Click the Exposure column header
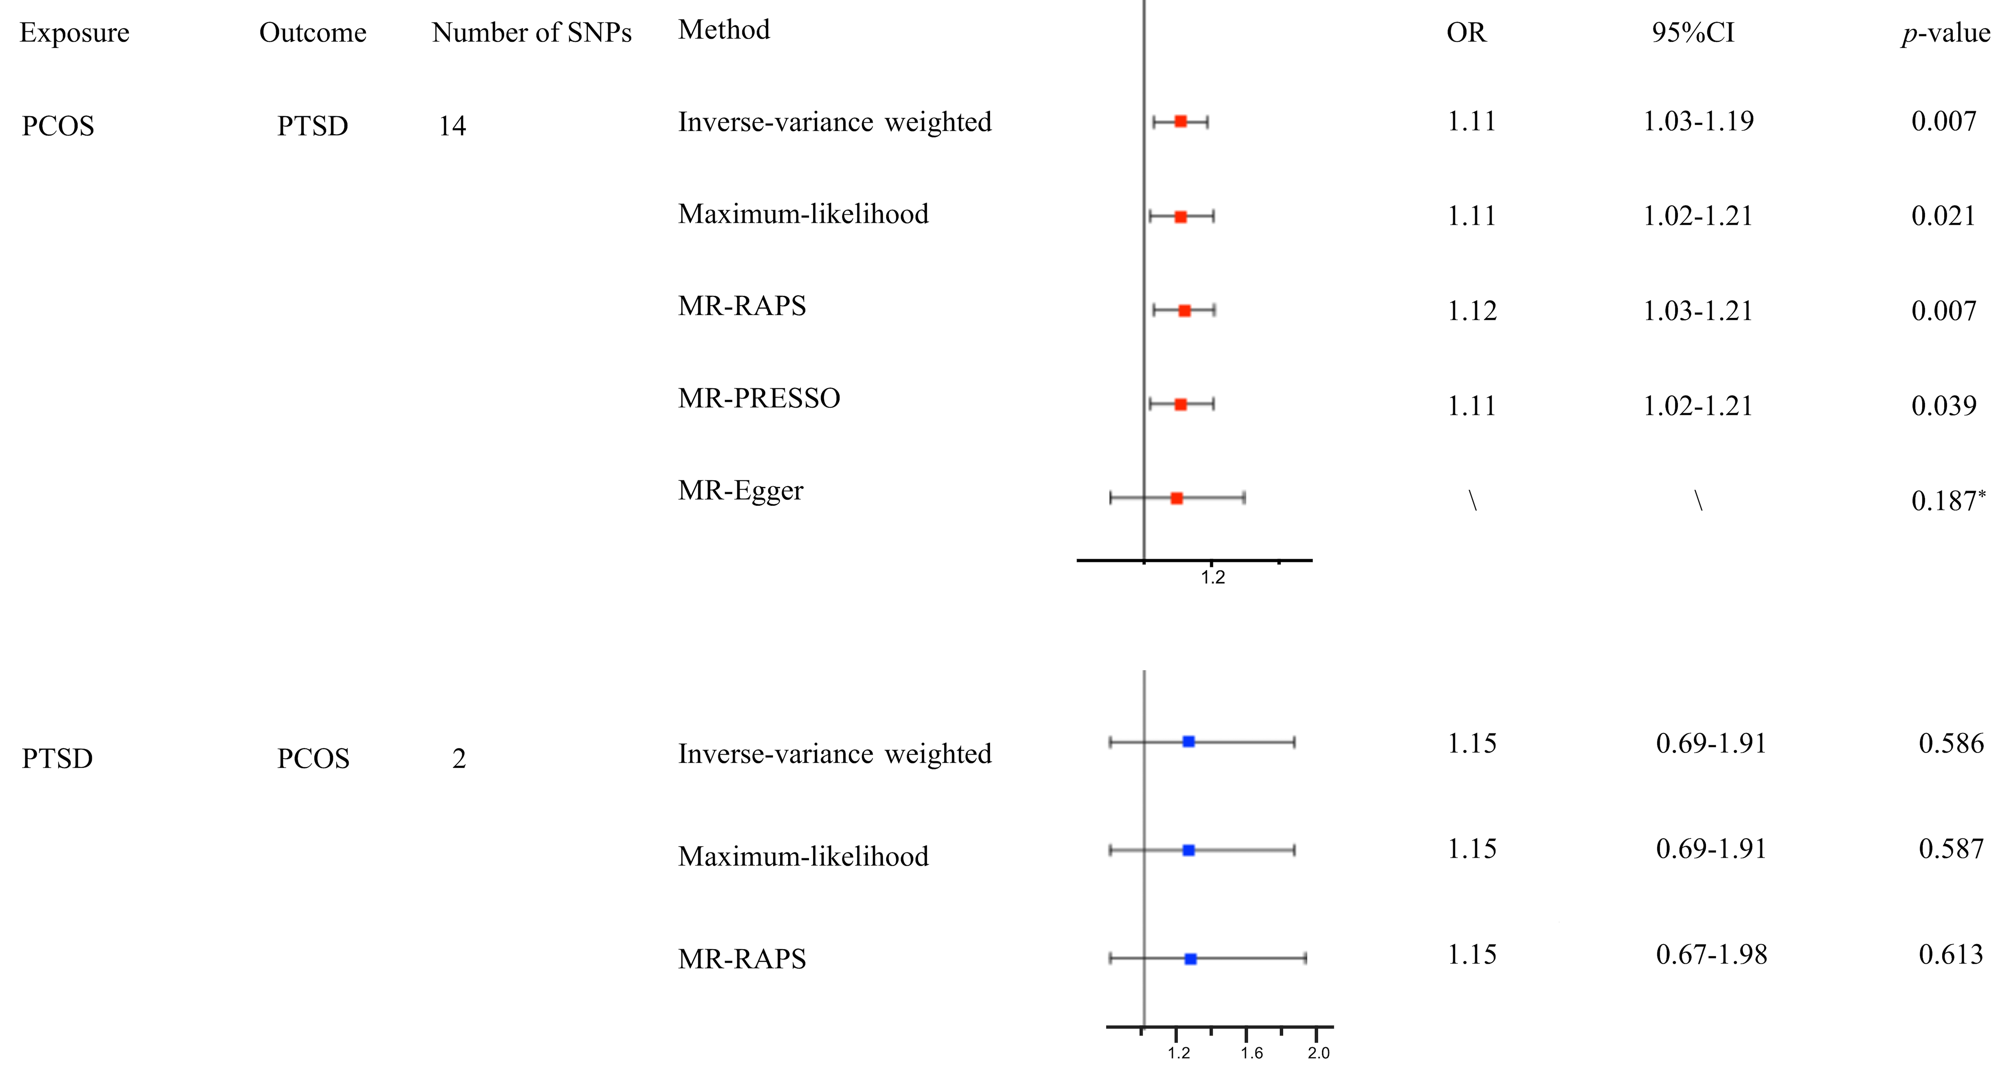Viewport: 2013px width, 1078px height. point(74,33)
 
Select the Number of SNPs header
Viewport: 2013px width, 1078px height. point(531,33)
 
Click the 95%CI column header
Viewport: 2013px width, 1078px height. point(1693,33)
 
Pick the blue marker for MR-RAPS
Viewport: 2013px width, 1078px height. point(1190,958)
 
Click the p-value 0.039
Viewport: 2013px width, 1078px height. point(1943,406)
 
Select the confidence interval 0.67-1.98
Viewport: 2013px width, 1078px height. point(1711,954)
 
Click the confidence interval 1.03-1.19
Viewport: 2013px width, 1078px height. point(1698,121)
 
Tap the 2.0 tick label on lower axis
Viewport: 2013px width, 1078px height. point(1318,1053)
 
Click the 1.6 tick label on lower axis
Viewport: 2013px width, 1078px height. point(1251,1053)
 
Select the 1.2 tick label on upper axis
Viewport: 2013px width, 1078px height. point(1213,578)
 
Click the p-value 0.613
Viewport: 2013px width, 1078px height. point(1951,954)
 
